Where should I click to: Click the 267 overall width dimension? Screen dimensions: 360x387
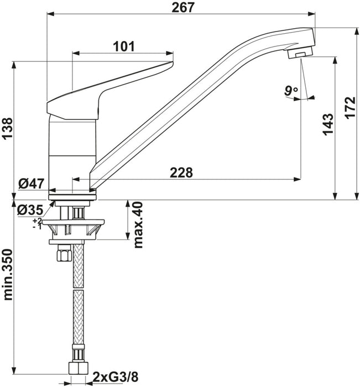(183, 7)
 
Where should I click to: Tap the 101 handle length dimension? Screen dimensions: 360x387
(124, 46)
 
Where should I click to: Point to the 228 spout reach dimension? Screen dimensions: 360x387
(181, 172)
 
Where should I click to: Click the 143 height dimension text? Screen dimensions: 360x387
(328, 124)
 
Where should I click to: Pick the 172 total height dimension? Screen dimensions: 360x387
(350, 108)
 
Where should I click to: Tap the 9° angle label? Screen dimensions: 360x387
(291, 91)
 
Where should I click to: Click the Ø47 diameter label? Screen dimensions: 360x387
(32, 184)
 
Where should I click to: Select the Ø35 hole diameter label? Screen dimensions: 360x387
(30, 210)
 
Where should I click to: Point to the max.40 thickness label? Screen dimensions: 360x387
(138, 224)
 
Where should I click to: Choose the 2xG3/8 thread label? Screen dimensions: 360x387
(116, 377)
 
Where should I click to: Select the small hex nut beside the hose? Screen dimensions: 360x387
(64, 253)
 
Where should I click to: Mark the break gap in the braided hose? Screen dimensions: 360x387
(79, 289)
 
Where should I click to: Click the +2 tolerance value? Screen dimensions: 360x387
(37, 221)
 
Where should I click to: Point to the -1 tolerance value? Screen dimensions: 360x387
(37, 226)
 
